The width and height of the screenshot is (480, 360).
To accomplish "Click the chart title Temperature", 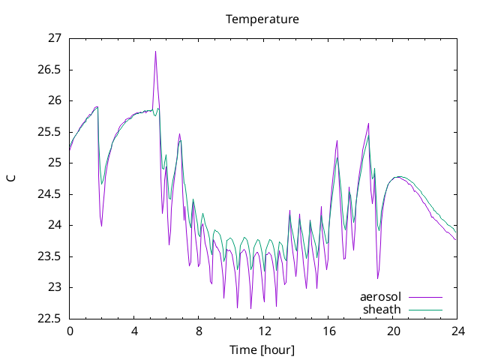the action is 262,19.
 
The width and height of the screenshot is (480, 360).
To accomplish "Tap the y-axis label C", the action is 11,178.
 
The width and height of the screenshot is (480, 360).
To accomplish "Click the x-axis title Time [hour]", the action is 262,349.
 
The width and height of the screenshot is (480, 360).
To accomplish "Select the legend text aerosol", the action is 380,297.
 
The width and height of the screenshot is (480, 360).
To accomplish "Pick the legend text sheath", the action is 382,310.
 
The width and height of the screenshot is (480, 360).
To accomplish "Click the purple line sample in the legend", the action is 425,297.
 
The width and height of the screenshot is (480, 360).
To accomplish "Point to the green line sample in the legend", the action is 425,310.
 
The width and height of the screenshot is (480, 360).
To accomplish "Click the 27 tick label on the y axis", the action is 55,38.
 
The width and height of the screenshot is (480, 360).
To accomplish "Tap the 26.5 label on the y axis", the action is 49,70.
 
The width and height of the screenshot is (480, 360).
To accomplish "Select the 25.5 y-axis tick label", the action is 49,132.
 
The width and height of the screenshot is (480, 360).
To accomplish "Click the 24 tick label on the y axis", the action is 55,225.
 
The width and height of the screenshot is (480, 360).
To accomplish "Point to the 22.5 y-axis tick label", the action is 49,319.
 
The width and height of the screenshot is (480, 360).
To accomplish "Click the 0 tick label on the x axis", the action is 70,331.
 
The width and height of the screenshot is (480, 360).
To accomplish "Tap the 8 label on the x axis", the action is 199,331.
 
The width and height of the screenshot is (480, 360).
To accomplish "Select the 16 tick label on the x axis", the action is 328,331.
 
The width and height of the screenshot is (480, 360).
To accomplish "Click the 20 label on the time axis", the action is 393,331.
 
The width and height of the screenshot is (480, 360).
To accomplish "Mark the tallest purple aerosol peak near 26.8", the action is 155,52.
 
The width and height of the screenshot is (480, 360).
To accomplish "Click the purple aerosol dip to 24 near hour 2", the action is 101,226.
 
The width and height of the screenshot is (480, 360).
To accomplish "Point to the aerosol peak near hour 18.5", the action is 368,123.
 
